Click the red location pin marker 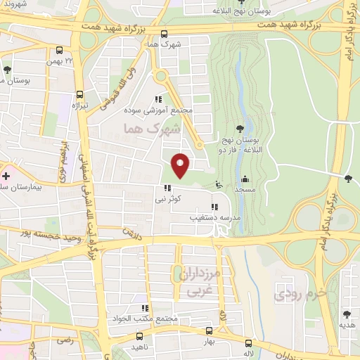(181, 165)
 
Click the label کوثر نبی (169, 199)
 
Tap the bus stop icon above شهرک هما (164, 34)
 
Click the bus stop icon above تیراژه (79, 94)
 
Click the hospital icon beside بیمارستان (6, 175)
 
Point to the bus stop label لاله (248, 354)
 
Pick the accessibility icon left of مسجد (219, 185)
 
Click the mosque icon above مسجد (244, 179)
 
